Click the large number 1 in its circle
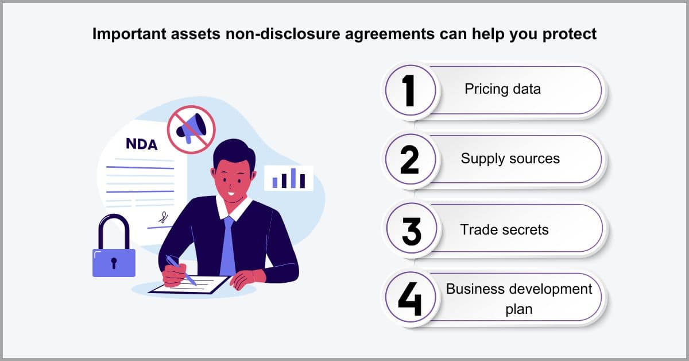(409, 91)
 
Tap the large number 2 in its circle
(410, 160)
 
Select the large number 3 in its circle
(411, 231)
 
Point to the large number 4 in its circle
(410, 299)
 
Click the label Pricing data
(502, 89)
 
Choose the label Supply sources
(510, 159)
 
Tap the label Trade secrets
(505, 230)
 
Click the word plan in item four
(519, 309)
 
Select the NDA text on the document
(141, 144)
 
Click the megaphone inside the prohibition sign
(191, 128)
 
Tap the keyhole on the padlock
(114, 263)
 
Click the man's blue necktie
(228, 247)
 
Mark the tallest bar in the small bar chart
(293, 178)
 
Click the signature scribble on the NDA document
(163, 217)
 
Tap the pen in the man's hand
(181, 270)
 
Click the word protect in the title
(570, 34)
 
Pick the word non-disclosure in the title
(282, 33)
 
